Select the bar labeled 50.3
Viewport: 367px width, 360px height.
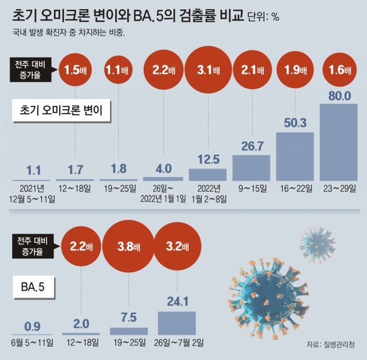coord(295,156)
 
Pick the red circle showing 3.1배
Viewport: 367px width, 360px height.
coord(208,71)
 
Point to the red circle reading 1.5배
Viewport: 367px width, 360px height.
coord(75,71)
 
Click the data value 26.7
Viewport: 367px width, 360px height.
coord(251,145)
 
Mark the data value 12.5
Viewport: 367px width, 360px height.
coord(208,158)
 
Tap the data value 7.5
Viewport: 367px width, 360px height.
coord(128,318)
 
